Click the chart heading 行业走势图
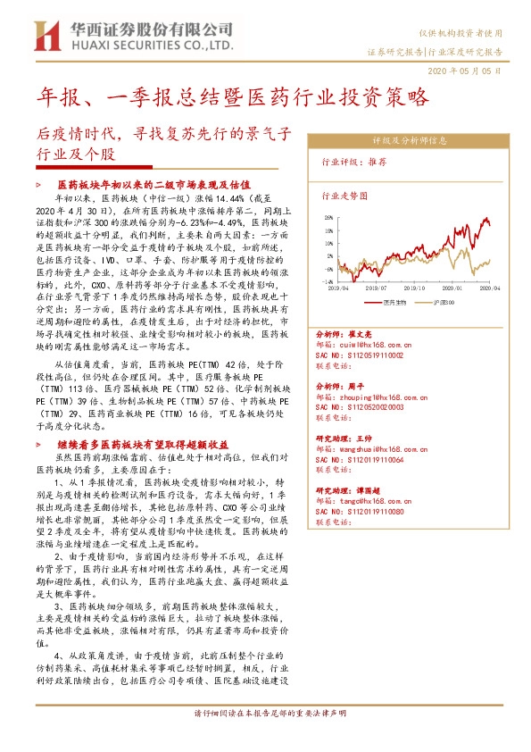click(x=344, y=194)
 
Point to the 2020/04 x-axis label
click(x=490, y=289)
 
